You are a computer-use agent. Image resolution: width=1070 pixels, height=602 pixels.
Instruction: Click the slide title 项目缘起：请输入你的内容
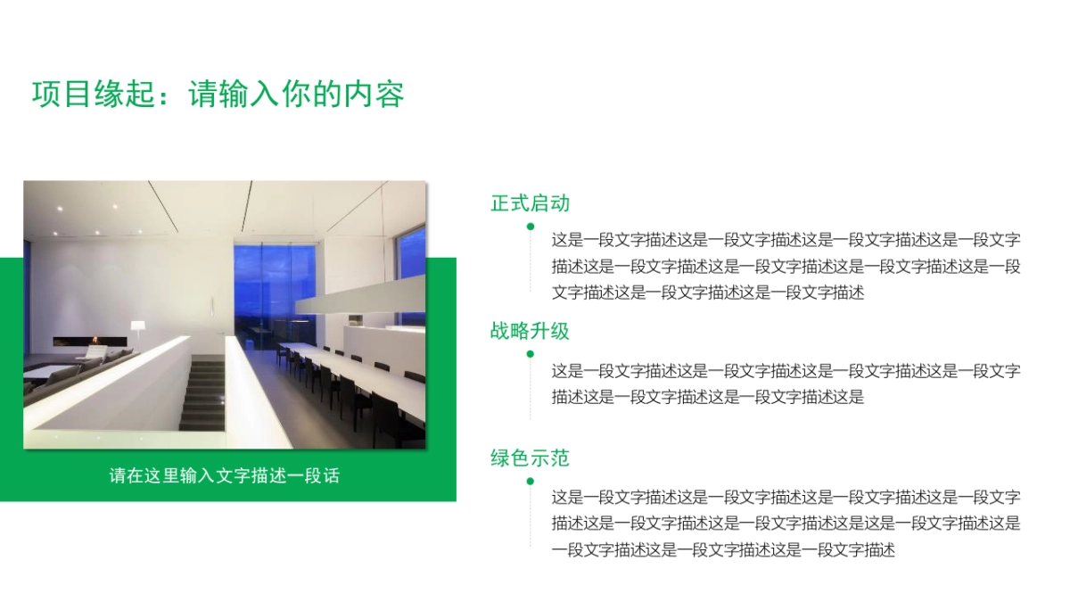218,95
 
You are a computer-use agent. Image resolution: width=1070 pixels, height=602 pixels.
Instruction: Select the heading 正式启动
530,203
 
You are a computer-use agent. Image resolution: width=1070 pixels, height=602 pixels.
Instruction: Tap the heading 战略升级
530,332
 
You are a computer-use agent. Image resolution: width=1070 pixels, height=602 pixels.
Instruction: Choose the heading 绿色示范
530,458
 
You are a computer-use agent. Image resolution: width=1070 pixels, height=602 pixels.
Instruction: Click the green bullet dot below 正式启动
531,227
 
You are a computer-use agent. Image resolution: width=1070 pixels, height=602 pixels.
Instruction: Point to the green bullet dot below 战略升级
531,354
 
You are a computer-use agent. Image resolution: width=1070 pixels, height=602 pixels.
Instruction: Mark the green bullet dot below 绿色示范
531,482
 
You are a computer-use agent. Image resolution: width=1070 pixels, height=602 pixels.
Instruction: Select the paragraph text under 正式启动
786,266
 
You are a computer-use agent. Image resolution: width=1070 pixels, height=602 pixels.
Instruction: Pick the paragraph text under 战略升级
786,383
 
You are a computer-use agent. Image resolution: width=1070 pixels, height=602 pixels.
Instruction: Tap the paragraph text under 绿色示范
786,524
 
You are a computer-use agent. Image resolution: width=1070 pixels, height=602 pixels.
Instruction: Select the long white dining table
357,375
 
